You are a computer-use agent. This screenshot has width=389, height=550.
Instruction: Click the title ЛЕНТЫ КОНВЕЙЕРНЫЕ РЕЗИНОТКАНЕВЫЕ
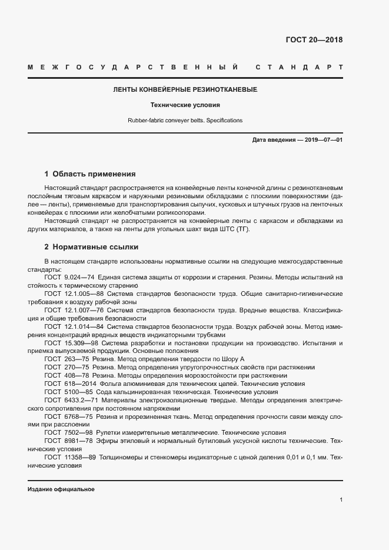(x=185, y=90)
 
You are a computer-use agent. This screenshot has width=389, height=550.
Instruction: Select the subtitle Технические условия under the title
(x=185, y=105)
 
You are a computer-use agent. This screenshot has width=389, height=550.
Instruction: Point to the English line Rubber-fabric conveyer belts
(x=185, y=120)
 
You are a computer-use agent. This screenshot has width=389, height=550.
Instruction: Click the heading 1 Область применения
(x=90, y=174)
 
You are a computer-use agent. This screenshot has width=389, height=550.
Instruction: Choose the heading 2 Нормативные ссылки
(x=91, y=247)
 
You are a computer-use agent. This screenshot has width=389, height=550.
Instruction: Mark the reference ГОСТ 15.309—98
(x=72, y=342)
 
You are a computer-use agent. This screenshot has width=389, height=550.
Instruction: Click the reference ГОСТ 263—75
(x=65, y=359)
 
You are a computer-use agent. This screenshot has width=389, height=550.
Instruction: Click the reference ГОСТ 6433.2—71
(x=69, y=400)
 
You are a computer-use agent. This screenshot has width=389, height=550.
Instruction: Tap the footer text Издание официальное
(x=61, y=489)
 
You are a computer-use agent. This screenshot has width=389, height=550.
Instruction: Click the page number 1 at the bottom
(x=341, y=500)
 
